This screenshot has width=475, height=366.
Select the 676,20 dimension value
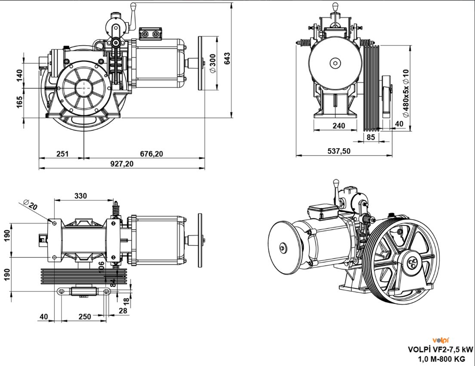151,154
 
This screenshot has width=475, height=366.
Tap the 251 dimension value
62,154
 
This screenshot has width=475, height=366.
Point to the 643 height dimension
227,59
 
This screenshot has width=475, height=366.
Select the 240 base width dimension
339,126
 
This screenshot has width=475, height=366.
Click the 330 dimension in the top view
80,196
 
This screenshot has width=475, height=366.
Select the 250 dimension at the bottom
85,316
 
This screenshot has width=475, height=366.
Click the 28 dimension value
123,310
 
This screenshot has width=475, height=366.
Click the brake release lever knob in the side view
133,6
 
